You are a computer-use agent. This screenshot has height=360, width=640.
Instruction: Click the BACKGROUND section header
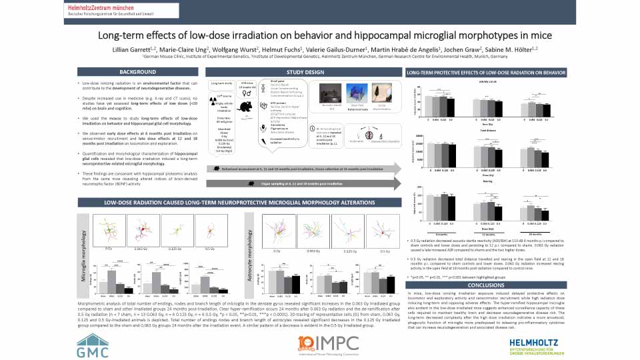pos(137,71)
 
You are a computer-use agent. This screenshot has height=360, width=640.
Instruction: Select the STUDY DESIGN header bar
pos(305,71)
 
